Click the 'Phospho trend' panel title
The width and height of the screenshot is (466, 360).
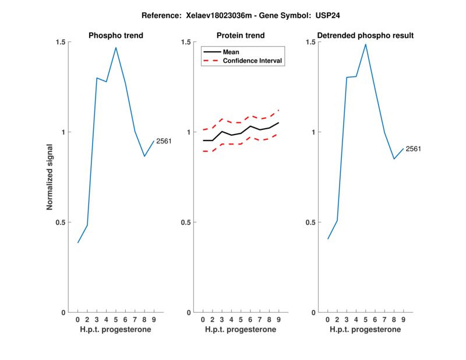pos(116,36)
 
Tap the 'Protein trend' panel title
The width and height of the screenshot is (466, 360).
pos(241,36)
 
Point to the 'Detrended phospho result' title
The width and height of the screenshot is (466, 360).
pos(366,36)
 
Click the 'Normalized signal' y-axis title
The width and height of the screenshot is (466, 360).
pos(50,177)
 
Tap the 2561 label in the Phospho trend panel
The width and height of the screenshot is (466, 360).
pos(164,141)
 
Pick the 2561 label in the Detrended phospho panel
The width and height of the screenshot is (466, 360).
pos(414,149)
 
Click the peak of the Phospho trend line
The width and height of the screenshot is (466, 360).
pos(116,48)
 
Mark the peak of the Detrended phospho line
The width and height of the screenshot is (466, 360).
pos(366,44)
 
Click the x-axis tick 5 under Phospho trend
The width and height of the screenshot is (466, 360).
pos(116,319)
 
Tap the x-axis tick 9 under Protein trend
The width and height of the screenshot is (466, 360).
pos(279,319)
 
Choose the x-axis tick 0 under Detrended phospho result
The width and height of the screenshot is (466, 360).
pos(328,319)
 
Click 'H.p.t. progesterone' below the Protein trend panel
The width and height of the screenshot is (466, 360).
pos(241,329)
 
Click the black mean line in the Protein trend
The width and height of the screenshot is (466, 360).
pos(241,133)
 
